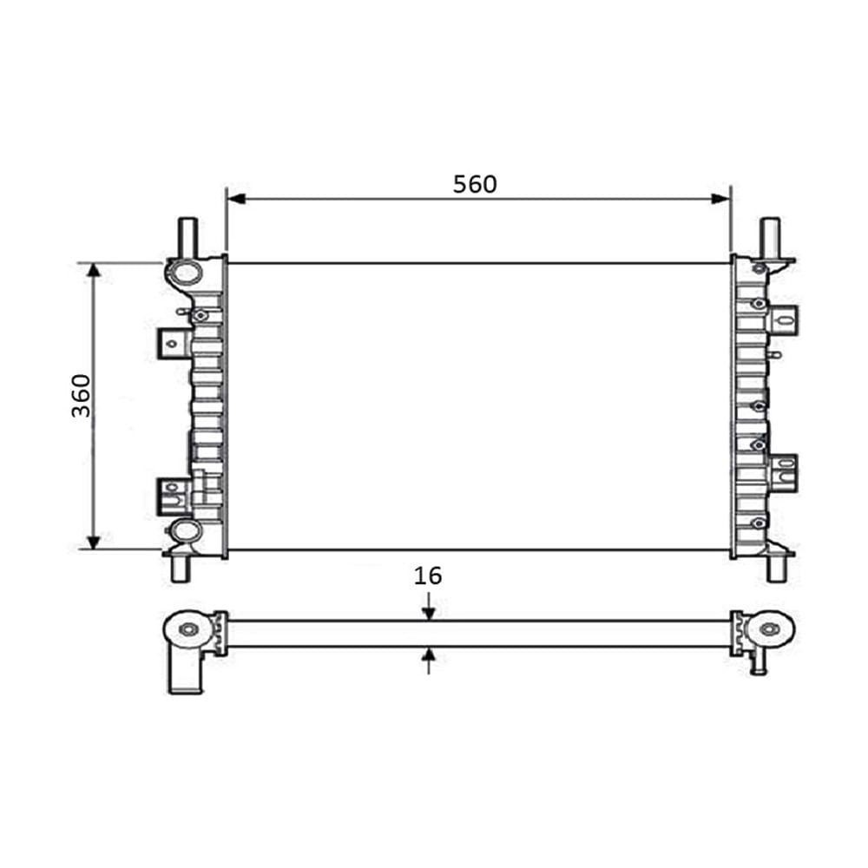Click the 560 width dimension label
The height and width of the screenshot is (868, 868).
tap(475, 184)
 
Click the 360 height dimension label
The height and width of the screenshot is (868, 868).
tap(82, 396)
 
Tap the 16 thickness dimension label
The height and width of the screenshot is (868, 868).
tap(428, 575)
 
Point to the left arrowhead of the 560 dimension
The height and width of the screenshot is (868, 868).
tap(236, 199)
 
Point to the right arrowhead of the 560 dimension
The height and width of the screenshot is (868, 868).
tap(720, 199)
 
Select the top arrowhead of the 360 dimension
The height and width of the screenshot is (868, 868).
tap(94, 271)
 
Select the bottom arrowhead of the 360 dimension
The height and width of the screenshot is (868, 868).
tap(94, 542)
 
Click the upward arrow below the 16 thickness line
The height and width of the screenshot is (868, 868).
tap(429, 661)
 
